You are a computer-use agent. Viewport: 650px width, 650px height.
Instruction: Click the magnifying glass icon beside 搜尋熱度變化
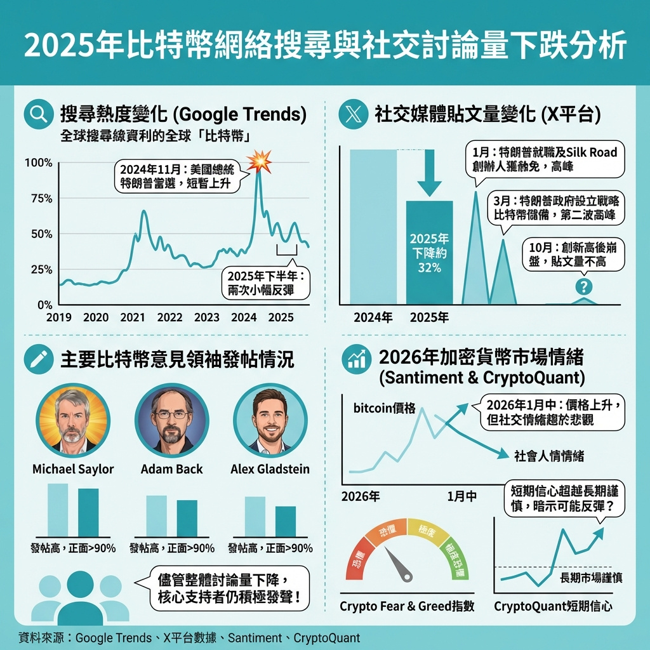pyautogui.click(x=38, y=115)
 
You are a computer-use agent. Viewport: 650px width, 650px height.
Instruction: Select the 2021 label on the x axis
pyautogui.click(x=132, y=317)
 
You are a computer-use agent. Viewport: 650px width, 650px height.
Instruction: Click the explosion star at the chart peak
pyautogui.click(x=259, y=160)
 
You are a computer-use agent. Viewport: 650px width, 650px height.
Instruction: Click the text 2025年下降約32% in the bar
pyautogui.click(x=429, y=253)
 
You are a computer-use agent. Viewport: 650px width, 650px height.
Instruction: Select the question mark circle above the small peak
pyautogui.click(x=583, y=286)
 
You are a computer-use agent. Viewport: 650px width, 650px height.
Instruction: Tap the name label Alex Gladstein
pyautogui.click(x=270, y=470)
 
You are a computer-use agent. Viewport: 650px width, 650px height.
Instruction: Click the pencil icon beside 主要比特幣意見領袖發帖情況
pyautogui.click(x=38, y=360)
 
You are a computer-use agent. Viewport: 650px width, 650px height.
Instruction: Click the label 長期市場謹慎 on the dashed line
pyautogui.click(x=591, y=578)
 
